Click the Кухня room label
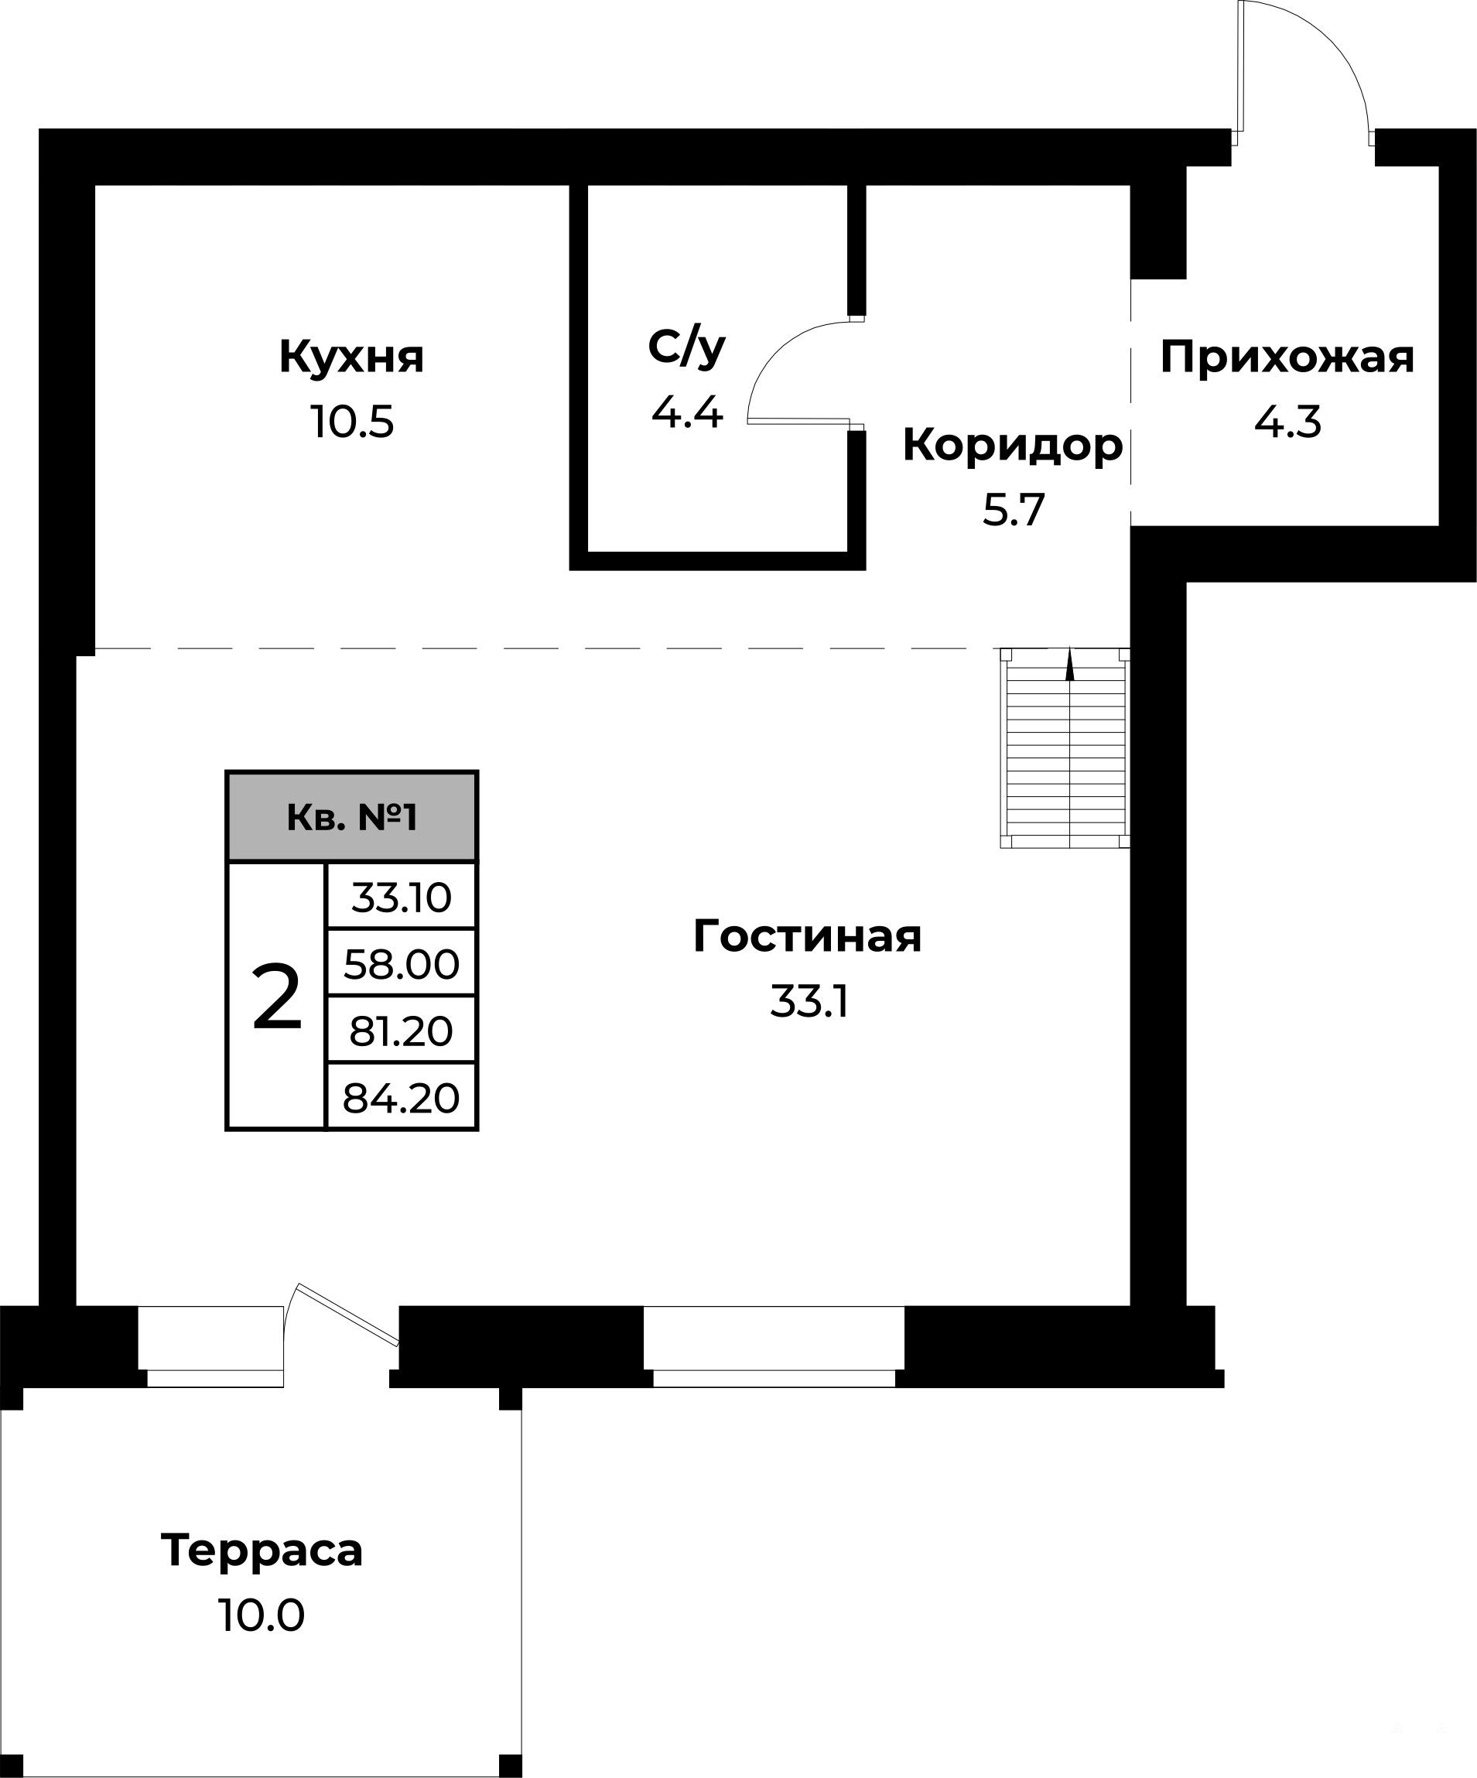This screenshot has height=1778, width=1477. tap(351, 357)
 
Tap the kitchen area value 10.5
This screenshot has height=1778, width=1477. tap(352, 422)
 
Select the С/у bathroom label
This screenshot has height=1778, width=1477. tap(686, 348)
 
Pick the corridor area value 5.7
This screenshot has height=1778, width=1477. tap(1013, 510)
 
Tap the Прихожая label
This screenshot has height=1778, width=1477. tap(1287, 357)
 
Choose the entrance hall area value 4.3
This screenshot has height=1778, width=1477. tap(1287, 422)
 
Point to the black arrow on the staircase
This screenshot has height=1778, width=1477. tap(1070, 664)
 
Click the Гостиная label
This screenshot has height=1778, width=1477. tap(807, 936)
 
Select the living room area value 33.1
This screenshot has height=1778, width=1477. tap(809, 1002)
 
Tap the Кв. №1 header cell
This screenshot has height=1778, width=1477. tap(352, 817)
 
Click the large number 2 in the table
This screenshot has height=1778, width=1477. tap(277, 997)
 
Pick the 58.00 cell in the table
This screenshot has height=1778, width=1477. tap(402, 963)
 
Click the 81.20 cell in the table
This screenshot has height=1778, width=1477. tap(402, 1031)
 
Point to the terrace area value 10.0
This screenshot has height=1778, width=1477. tap(262, 1616)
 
